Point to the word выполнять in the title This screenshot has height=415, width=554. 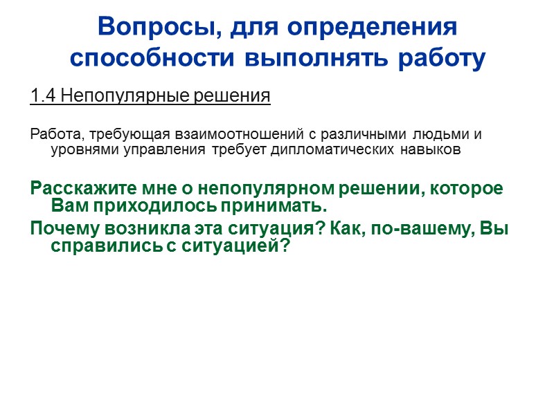pos(307,58)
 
